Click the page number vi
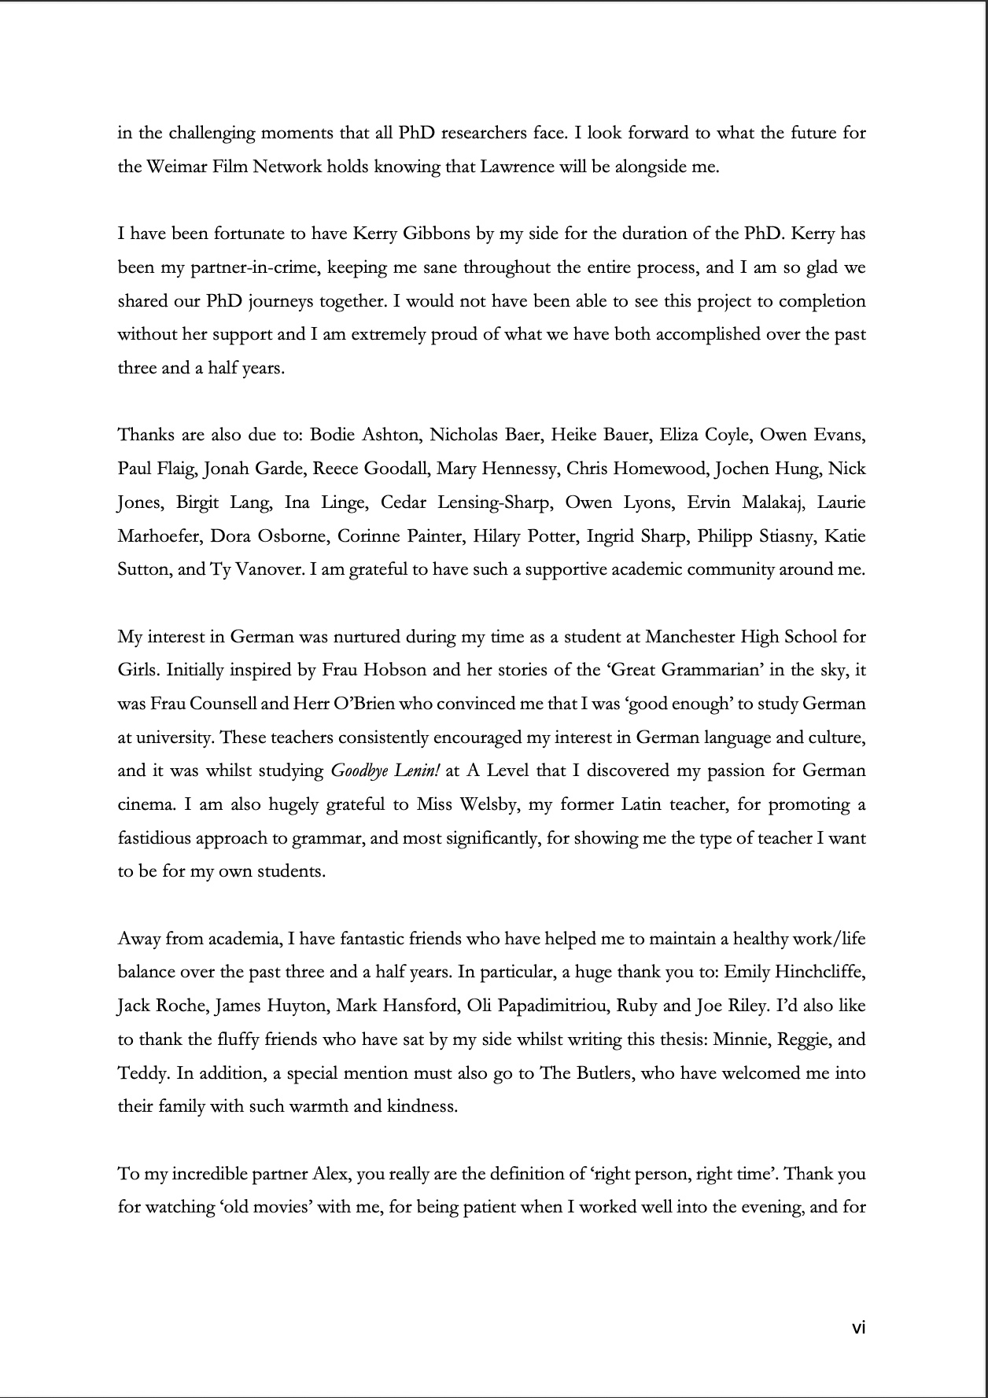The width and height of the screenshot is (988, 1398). [x=858, y=1328]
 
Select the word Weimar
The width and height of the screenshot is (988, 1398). [x=174, y=167]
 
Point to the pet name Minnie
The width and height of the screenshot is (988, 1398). [x=739, y=1039]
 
